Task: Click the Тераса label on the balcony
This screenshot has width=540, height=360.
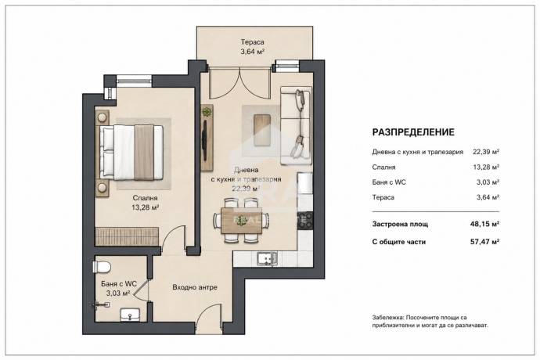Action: click(x=253, y=42)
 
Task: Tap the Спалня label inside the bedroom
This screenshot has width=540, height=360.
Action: click(x=145, y=198)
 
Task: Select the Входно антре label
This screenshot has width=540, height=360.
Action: click(x=195, y=287)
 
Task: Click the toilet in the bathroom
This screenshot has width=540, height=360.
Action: click(x=102, y=267)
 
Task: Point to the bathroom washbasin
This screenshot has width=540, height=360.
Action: click(x=130, y=315)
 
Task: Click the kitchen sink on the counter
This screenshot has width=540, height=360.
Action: click(x=267, y=259)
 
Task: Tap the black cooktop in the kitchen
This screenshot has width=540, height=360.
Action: click(x=305, y=221)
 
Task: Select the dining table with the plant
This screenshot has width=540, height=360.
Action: click(x=241, y=221)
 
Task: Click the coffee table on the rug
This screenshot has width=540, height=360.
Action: click(x=262, y=131)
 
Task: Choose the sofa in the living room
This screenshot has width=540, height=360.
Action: click(x=296, y=125)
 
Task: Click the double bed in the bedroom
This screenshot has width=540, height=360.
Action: click(x=131, y=153)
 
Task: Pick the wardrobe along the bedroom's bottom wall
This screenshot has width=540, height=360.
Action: click(x=127, y=236)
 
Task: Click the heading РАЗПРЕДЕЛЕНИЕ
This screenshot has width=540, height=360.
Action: click(x=413, y=132)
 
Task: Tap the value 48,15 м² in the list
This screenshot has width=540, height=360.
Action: click(x=485, y=224)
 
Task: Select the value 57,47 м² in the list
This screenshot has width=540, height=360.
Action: click(x=485, y=242)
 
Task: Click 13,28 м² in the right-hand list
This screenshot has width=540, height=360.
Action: click(x=486, y=167)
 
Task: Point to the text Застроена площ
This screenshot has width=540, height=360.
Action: click(x=400, y=225)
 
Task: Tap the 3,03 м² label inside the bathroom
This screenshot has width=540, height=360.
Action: click(x=118, y=293)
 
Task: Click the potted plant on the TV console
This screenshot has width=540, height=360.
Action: click(x=207, y=112)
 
